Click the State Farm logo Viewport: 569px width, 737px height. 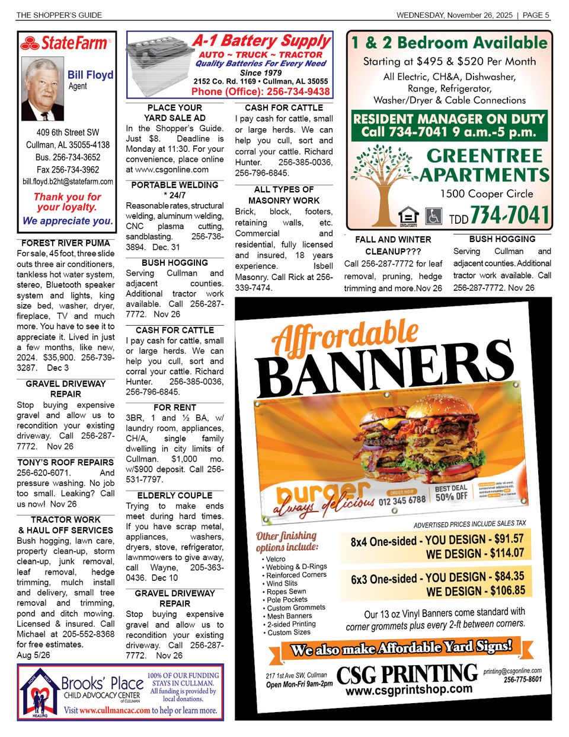coord(65,43)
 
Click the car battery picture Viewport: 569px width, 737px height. coord(158,65)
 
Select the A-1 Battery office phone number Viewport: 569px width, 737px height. coord(261,91)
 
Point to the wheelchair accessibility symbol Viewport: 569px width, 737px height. coord(434,216)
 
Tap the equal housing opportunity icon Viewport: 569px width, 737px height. coord(408,216)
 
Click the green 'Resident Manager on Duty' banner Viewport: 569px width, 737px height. coord(449,125)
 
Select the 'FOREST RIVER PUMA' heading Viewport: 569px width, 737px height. coord(66,243)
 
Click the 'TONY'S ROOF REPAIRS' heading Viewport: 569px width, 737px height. coord(66,462)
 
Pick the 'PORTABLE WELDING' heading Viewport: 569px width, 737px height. coord(175,185)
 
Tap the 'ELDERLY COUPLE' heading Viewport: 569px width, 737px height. coord(175,495)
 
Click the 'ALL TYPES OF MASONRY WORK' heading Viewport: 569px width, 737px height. coord(284,195)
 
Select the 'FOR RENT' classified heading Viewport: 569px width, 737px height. coord(175,408)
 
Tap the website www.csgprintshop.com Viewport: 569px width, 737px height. coord(409,690)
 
